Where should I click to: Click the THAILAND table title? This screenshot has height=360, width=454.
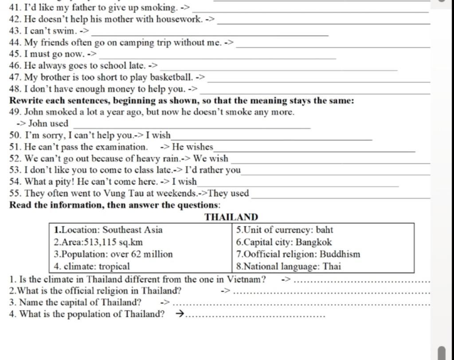click(231, 217)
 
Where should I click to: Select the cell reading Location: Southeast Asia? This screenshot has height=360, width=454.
click(108, 230)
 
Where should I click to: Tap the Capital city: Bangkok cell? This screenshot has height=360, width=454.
click(284, 243)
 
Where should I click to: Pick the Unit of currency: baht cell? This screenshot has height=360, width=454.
click(284, 230)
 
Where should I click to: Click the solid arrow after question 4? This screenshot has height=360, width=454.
click(180, 314)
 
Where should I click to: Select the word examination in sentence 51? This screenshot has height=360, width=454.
click(120, 147)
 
